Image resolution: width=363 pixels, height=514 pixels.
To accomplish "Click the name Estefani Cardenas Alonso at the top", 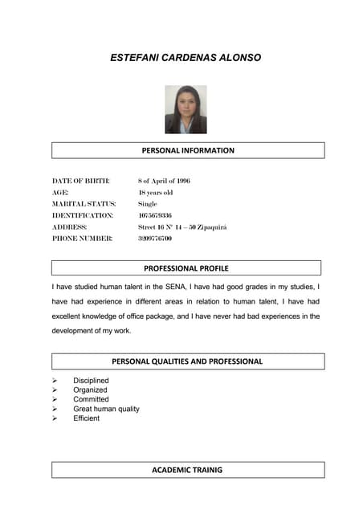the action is (186, 58).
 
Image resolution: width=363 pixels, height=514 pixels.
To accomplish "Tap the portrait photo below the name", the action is (186, 109).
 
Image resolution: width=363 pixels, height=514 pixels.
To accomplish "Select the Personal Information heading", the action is (188, 150).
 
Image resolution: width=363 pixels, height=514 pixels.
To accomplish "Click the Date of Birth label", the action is (80, 181).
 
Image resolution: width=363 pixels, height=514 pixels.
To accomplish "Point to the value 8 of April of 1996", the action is (164, 181).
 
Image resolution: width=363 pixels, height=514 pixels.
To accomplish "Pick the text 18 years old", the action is (155, 193).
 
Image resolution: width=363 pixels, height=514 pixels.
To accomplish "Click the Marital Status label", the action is (84, 204).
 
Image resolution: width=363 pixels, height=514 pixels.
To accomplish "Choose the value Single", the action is (148, 204).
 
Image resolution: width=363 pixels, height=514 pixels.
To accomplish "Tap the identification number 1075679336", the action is (155, 215).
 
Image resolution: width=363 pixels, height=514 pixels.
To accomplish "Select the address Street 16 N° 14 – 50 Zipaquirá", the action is (182, 227).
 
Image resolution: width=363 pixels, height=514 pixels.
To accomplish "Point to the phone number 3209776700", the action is (155, 239).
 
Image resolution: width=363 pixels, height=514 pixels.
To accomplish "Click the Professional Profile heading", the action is (186, 267).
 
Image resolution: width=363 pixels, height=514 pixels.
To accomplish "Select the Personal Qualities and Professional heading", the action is (187, 361).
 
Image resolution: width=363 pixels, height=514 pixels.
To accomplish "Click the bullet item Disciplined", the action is (91, 381).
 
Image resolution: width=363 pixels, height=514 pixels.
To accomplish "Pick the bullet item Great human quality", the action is (106, 409).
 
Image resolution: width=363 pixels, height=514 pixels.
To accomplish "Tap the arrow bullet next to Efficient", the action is (55, 418).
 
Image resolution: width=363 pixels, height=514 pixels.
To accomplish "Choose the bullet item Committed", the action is (91, 399).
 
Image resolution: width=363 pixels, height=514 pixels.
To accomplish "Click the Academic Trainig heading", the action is (187, 470).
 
